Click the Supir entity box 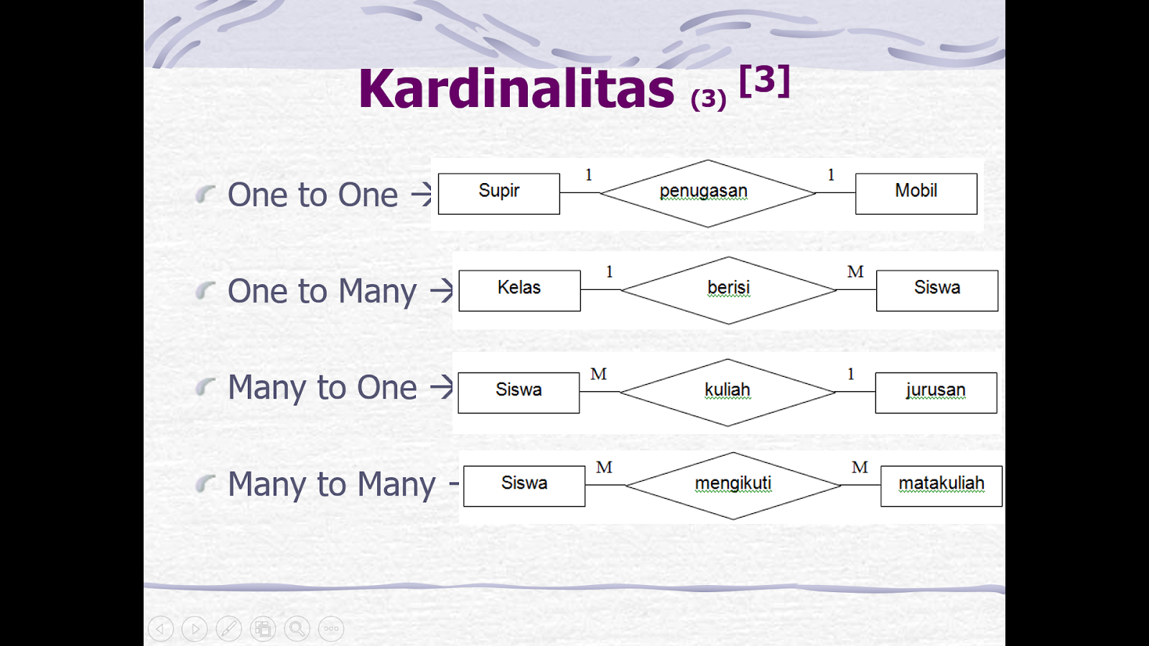point(498,194)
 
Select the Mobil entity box point(916,194)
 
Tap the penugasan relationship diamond point(708,193)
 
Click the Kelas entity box point(520,291)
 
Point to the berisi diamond point(728,290)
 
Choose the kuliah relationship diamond point(727,392)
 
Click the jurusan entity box point(936,393)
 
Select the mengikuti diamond point(733,485)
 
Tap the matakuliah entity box point(941,486)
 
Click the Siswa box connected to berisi point(937,291)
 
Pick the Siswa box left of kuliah point(518,393)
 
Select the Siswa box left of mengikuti point(524,486)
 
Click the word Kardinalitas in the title point(516,89)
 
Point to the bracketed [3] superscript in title point(764,80)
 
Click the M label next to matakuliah point(860,467)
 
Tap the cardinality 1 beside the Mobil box point(831,175)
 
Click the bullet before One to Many point(205,291)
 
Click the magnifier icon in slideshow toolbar point(297,629)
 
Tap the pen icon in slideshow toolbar point(229,629)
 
